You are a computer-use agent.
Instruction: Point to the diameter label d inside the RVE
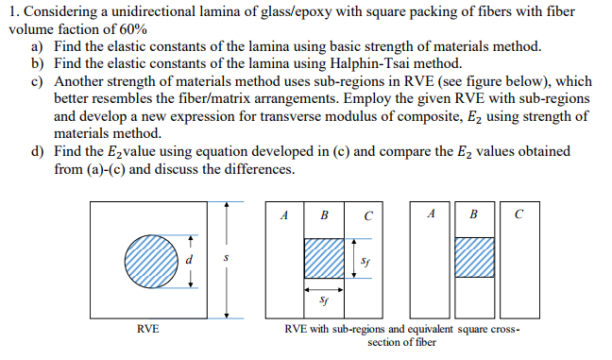[189, 256]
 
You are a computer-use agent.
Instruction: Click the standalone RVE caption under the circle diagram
[146, 328]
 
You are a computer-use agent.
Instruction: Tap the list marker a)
[39, 45]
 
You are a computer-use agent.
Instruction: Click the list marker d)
[39, 150]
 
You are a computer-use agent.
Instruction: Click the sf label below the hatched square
[324, 301]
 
